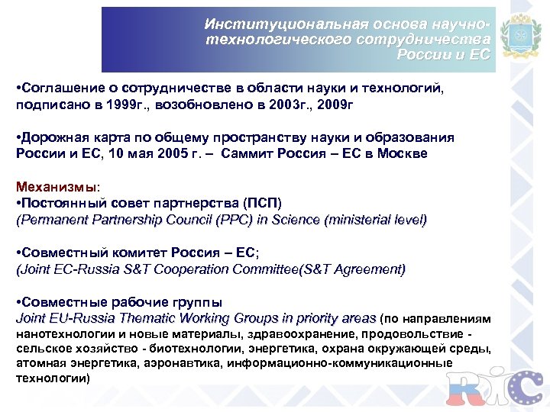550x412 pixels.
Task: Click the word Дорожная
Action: coord(55,137)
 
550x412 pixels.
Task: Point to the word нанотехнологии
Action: coord(62,333)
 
